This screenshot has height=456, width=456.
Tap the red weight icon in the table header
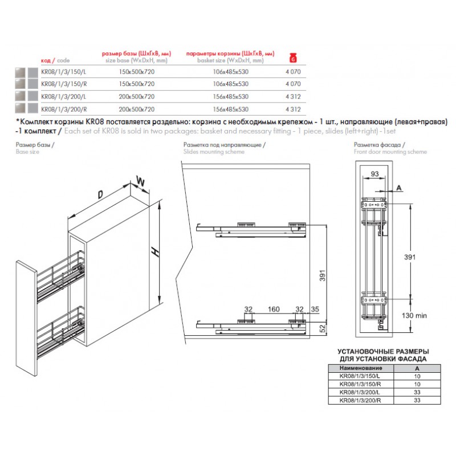click(294, 57)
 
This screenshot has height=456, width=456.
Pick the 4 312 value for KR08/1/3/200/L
click(292, 96)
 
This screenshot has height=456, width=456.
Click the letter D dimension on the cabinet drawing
click(100, 195)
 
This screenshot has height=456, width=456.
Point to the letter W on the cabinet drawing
click(139, 181)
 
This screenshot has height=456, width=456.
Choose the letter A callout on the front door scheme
click(398, 187)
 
